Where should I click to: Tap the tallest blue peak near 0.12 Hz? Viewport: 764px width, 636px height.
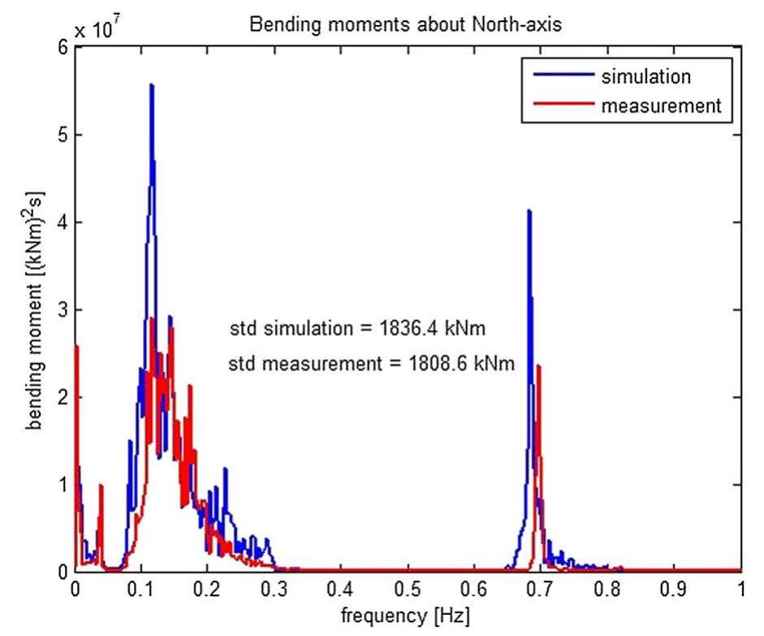[x=151, y=84]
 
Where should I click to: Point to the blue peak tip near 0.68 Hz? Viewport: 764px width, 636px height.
[x=529, y=210]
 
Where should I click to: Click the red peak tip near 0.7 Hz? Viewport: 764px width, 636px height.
[x=538, y=366]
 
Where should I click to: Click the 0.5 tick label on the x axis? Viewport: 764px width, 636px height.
[x=408, y=587]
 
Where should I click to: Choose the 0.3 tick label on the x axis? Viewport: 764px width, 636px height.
[x=274, y=587]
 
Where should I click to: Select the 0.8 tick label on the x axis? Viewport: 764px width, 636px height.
[x=607, y=587]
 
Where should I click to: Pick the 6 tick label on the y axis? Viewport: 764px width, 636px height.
[x=63, y=48]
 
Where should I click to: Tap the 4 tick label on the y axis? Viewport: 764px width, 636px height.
[x=63, y=223]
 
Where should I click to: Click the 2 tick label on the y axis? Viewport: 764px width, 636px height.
[x=63, y=397]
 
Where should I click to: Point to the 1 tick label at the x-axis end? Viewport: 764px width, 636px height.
[x=740, y=587]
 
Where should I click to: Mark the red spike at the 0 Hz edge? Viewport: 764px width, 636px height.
[x=76, y=347]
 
